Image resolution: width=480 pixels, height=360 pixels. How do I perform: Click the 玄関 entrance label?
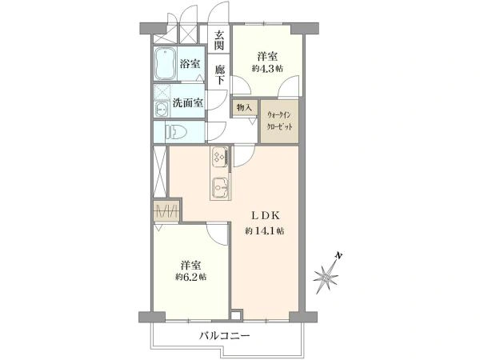(x=219, y=41)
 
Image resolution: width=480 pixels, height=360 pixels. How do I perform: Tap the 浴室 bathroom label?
(x=190, y=64)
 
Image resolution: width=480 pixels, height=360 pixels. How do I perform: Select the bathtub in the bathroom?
(x=165, y=63)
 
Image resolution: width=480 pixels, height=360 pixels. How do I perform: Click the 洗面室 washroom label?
(x=188, y=102)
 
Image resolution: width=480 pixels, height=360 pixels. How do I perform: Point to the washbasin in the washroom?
(x=161, y=109)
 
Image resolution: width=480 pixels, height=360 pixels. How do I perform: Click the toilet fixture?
(x=176, y=132)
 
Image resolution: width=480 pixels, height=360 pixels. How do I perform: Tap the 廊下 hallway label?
(x=219, y=74)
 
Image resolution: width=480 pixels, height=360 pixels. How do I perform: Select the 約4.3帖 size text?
(x=267, y=68)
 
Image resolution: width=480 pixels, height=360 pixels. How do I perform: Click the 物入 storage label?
(x=244, y=107)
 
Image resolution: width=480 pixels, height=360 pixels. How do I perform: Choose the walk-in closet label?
(x=279, y=121)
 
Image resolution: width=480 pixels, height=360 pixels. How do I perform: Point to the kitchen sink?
(x=221, y=187)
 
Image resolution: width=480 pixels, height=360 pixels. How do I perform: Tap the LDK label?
(x=265, y=215)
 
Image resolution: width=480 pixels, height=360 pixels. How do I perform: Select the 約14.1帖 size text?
(x=265, y=231)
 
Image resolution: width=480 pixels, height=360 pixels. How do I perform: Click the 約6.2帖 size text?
(x=190, y=277)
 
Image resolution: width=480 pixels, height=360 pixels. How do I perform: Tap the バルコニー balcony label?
(x=225, y=336)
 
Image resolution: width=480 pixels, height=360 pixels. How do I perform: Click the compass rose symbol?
(x=326, y=278)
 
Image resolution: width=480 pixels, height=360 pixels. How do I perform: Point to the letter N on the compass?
(x=338, y=254)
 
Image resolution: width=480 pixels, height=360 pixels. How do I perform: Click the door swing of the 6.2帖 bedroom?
(x=218, y=234)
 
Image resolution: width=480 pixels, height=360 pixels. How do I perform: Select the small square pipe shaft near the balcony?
(x=236, y=315)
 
